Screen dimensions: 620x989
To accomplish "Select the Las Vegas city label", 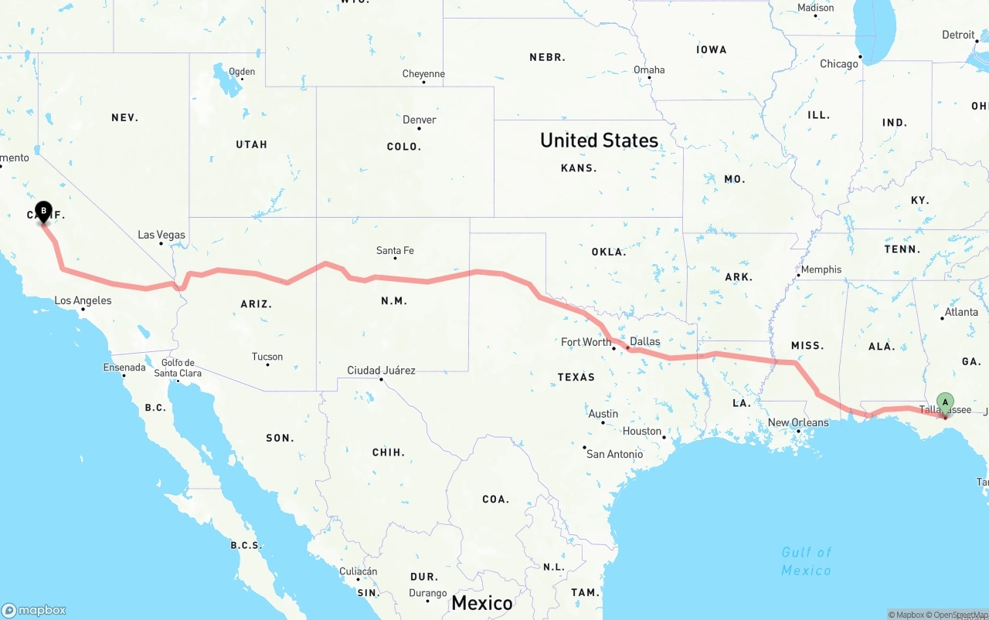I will pos(161,235).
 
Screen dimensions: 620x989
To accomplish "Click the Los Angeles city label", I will pos(83,301).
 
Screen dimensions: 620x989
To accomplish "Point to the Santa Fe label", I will pos(395,250).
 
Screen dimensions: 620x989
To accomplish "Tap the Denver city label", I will pos(420,120).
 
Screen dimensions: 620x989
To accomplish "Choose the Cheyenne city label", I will pos(423,74).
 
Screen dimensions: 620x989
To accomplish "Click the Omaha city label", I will pos(649,69).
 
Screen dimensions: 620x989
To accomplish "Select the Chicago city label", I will pos(839,64).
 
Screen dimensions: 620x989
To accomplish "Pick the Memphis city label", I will pos(821,269).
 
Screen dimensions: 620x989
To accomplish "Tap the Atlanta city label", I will pos(961,312).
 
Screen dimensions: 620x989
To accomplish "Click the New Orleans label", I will pos(798,422).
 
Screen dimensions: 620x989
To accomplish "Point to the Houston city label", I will pos(642,431).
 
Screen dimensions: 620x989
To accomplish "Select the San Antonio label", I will pos(614,454).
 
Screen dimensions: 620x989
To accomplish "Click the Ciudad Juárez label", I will pos(381,371).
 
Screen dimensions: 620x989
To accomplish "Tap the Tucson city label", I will pos(267,357).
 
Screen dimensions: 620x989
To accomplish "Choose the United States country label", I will pos(599,141).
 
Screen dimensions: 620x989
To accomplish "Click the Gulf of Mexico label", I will pos(806,561).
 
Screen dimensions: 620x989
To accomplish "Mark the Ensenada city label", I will pos(124,368).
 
